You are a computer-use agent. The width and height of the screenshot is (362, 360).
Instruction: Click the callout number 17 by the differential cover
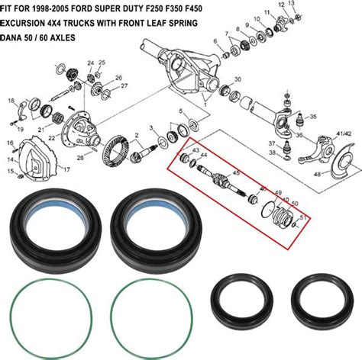67,169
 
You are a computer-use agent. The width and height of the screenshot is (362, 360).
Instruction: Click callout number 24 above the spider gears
90,62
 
